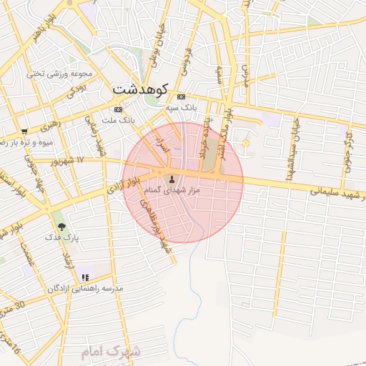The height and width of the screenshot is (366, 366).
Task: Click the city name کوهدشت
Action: pos(140,90)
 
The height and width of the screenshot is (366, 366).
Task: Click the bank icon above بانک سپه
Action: pos(181,97)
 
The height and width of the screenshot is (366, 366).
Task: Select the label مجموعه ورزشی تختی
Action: pos(56,74)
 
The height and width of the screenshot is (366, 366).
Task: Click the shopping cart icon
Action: pos(24,132)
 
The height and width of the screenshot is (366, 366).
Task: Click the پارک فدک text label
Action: pos(61,237)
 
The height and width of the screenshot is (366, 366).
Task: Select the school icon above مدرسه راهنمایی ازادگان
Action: pos(85,277)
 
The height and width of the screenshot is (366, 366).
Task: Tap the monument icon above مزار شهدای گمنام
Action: pos(171,179)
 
